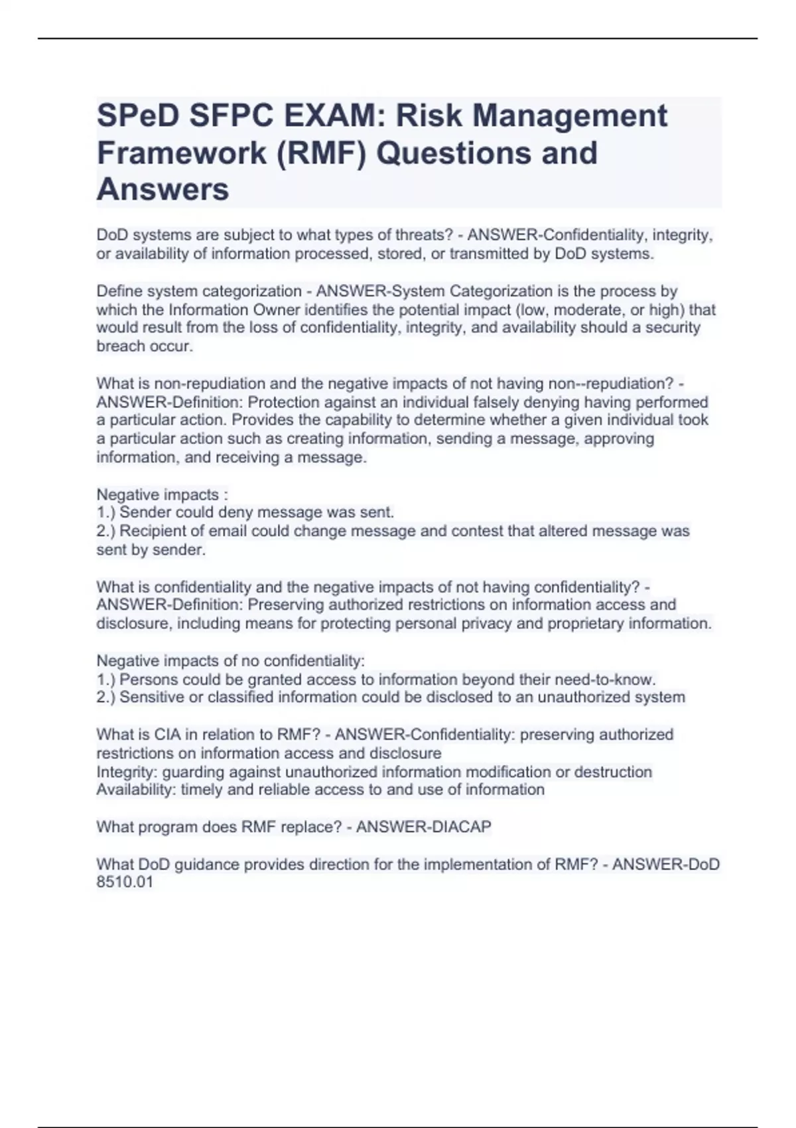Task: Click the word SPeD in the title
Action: pyautogui.click(x=137, y=115)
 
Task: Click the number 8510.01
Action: pyautogui.click(x=125, y=882)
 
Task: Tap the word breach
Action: pyautogui.click(x=120, y=346)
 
